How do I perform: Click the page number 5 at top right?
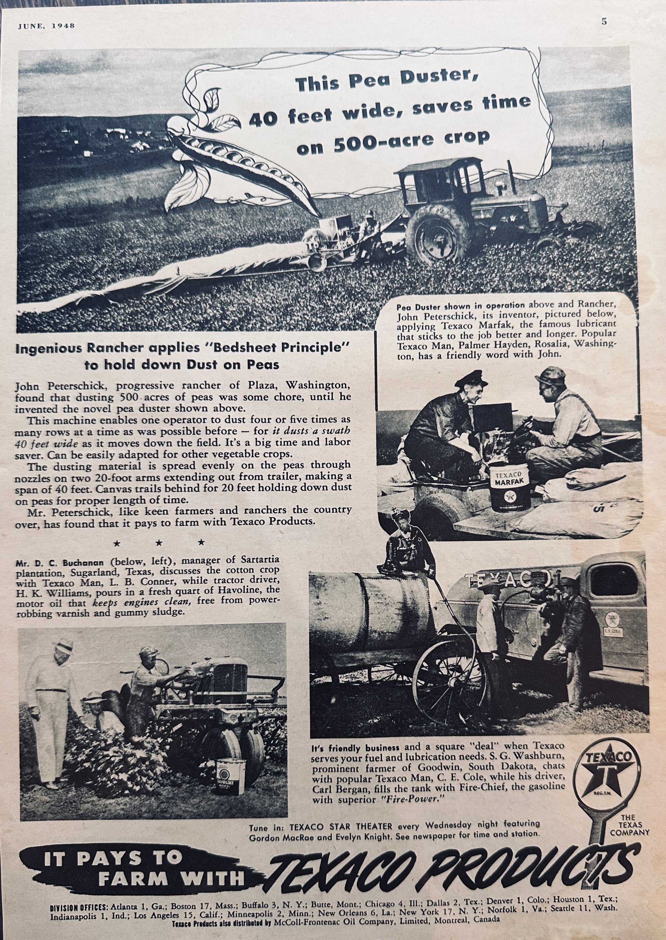604,22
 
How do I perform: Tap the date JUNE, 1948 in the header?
46,25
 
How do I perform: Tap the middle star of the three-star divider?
159,543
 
